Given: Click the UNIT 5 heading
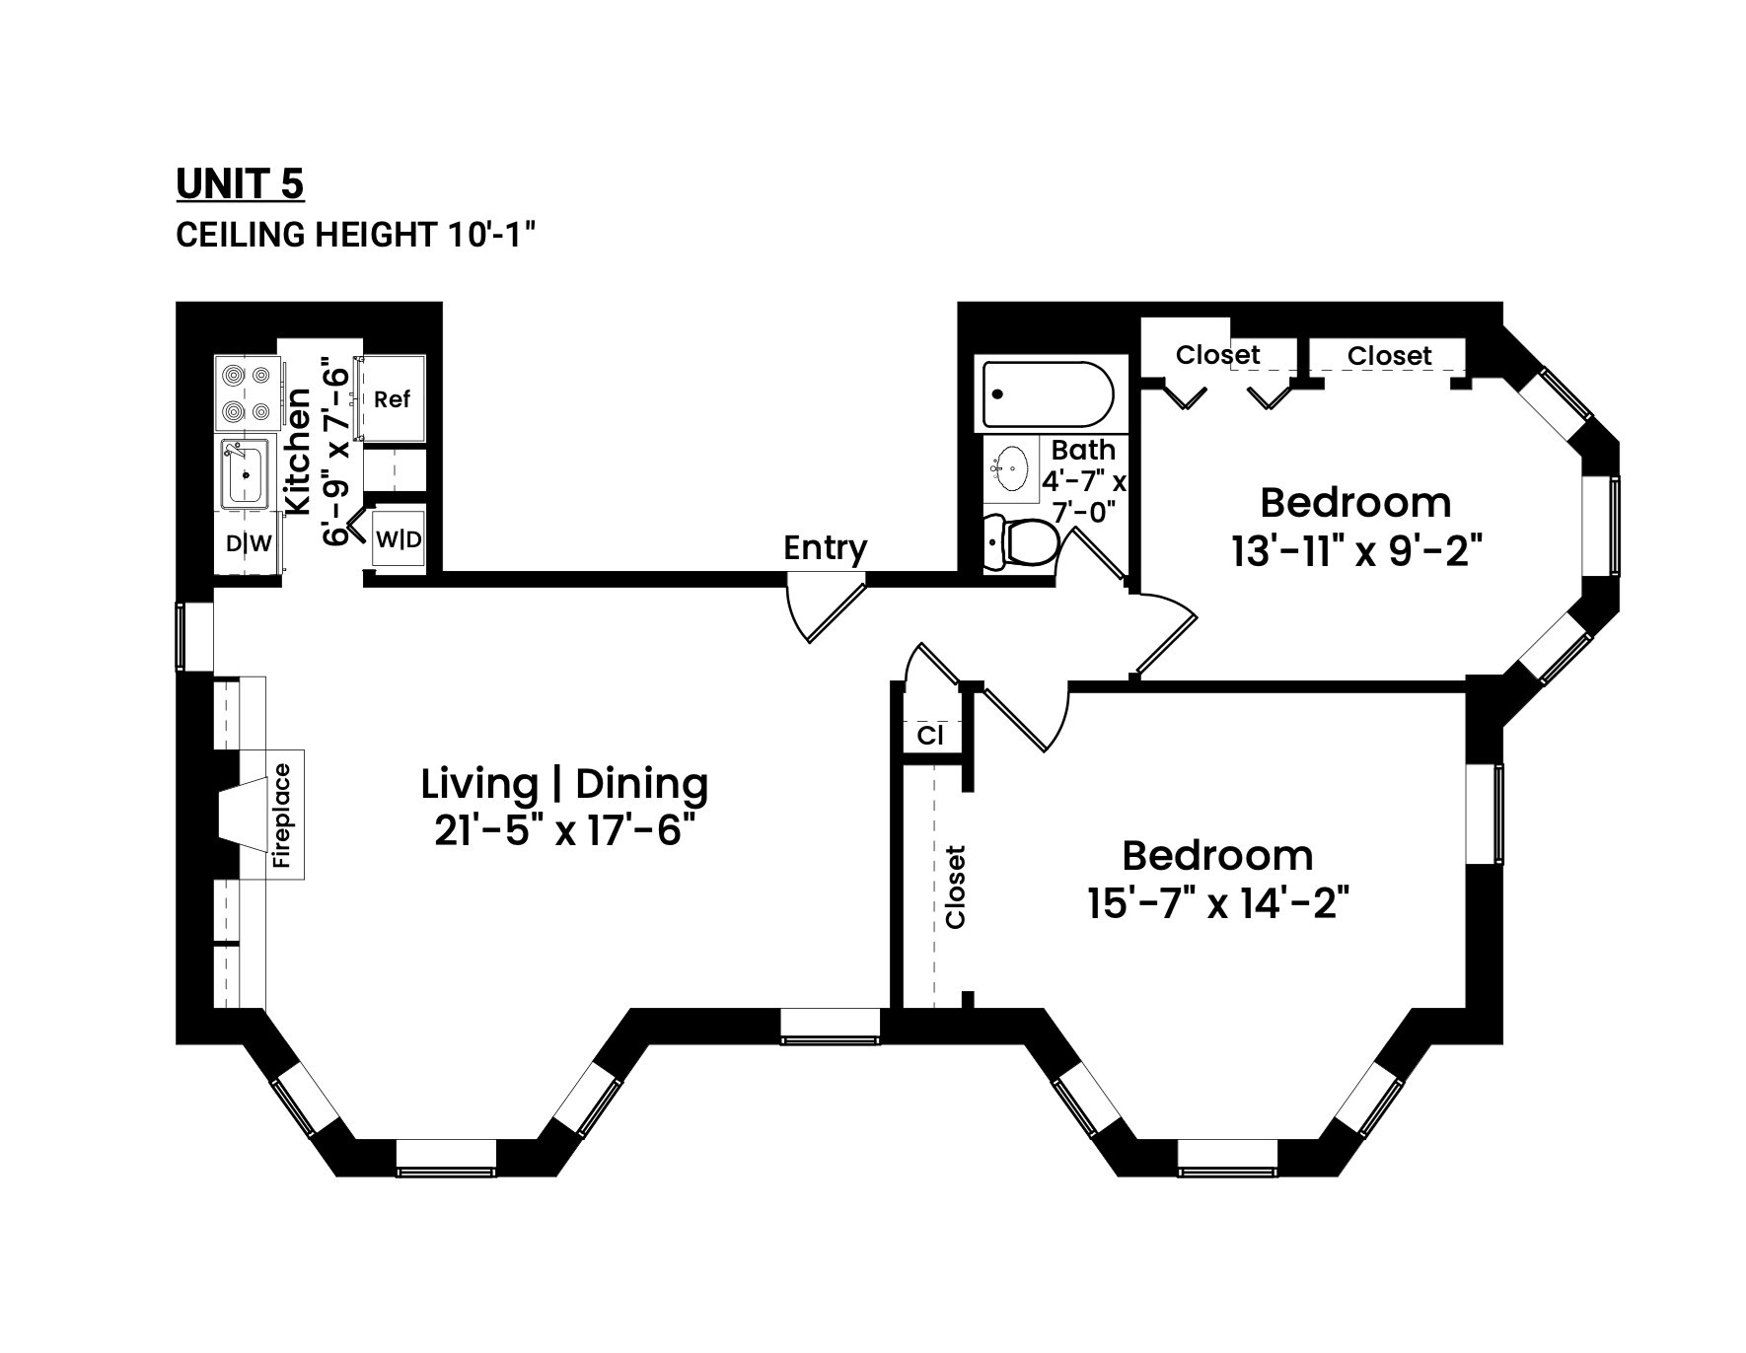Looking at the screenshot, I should coord(240,184).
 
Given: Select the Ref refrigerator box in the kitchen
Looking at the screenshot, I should coord(393,399).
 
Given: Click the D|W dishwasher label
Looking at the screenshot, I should coord(248,543).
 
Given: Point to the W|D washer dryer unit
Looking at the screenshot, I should coord(399,540).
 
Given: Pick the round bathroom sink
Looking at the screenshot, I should coord(1011,467).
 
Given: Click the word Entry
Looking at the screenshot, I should coord(825,548).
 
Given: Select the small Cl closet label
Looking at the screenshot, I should coord(930,736).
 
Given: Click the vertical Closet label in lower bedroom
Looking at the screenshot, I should coord(955,887).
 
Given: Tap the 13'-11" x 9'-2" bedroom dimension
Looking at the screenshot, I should coord(1356,551).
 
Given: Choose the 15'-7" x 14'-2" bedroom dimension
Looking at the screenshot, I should coord(1217,903).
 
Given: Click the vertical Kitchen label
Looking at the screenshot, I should coord(297,451).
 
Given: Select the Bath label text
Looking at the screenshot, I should coord(1083,450).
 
